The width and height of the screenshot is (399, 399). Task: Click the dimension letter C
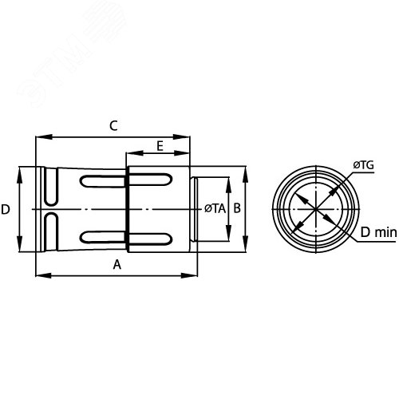[x=113, y=126]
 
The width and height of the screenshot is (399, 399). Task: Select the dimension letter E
[x=160, y=146]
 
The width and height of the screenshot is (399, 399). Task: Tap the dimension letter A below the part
[x=117, y=265]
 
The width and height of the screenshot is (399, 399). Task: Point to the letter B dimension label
[x=236, y=208]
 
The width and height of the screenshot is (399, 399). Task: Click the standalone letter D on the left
[x=6, y=209]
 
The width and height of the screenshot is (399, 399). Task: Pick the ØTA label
[x=214, y=209]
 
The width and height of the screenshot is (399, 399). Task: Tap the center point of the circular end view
[x=317, y=210]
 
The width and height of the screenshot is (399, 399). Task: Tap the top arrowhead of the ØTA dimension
[x=227, y=181]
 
